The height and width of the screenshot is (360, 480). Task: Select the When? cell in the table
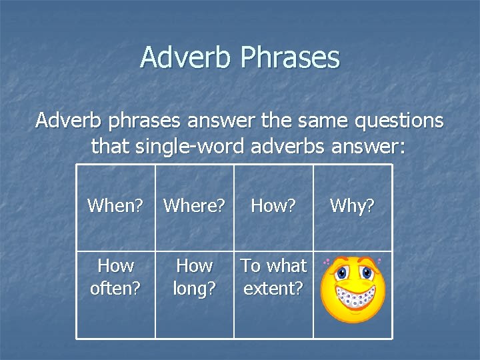pos(115,206)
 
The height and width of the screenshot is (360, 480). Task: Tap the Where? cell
pos(194,206)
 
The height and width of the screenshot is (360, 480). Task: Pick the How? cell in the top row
pos(273,206)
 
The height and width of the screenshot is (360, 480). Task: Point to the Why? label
pos(352,206)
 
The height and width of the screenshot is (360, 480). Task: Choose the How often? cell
pos(115,277)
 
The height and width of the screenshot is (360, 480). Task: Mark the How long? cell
pos(194,277)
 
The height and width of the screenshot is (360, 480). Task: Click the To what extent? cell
pos(273,277)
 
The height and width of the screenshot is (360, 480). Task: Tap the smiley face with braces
pos(352,289)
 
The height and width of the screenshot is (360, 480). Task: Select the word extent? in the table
pos(273,289)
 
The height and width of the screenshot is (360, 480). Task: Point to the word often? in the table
pos(115,289)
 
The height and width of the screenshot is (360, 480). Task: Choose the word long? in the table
pos(194,289)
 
